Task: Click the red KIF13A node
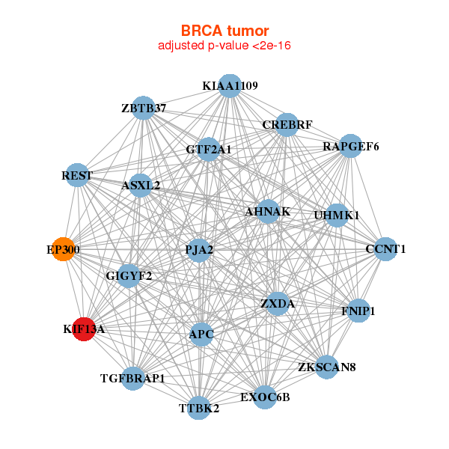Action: pyautogui.click(x=84, y=329)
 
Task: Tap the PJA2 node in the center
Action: pyautogui.click(x=200, y=250)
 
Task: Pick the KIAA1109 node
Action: pyautogui.click(x=230, y=86)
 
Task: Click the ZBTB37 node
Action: pyautogui.click(x=143, y=109)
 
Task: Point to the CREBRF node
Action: pyautogui.click(x=287, y=124)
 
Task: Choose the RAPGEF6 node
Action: pyautogui.click(x=351, y=147)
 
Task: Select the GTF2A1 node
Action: pyautogui.click(x=209, y=150)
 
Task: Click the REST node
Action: pyautogui.click(x=77, y=176)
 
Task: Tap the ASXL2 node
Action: pyautogui.click(x=141, y=185)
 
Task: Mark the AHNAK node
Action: pyautogui.click(x=267, y=212)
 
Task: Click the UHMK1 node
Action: pyautogui.click(x=337, y=216)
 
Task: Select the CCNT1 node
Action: pyautogui.click(x=385, y=249)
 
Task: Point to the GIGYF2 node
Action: pyautogui.click(x=129, y=276)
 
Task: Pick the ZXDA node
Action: pyautogui.click(x=278, y=304)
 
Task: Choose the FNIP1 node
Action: pyautogui.click(x=358, y=311)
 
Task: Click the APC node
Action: pyautogui.click(x=201, y=334)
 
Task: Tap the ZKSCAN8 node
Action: pyautogui.click(x=326, y=367)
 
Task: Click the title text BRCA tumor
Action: pyautogui.click(x=224, y=31)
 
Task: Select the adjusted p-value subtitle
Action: pyautogui.click(x=224, y=46)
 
